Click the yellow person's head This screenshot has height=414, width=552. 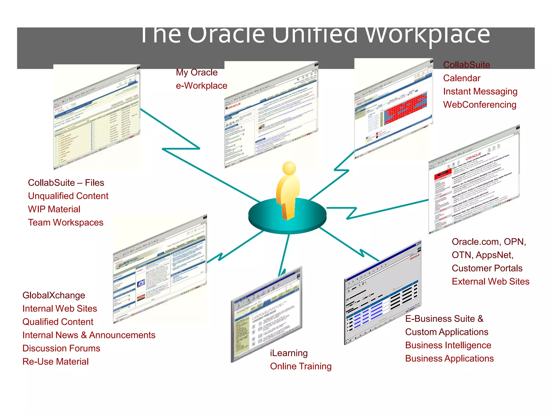(289, 168)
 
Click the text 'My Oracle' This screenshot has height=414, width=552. (196, 73)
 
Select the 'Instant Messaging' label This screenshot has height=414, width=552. (480, 91)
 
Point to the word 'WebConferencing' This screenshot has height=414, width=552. (479, 105)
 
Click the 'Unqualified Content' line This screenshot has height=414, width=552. (68, 196)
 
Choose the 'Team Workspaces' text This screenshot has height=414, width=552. (65, 222)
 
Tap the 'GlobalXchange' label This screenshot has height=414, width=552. (54, 295)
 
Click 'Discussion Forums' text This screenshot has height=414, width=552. (61, 348)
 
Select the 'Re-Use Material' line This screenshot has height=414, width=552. (56, 361)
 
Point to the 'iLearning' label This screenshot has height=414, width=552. (289, 353)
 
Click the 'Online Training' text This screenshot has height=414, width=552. (301, 366)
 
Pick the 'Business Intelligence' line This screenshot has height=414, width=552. (448, 345)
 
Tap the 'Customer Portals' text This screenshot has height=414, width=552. (487, 268)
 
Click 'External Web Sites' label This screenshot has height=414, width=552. (490, 281)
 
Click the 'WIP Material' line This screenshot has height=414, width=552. (54, 209)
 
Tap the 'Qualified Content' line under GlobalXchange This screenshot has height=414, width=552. (58, 322)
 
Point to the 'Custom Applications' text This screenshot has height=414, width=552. (446, 332)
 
